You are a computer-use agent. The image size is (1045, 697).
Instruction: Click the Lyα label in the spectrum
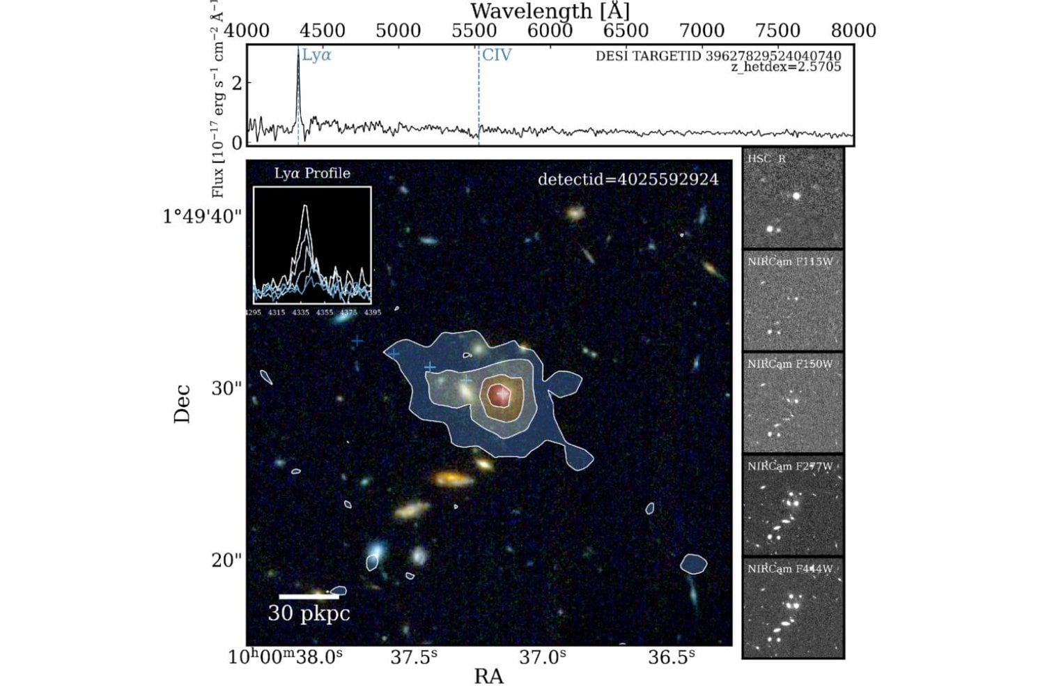[x=316, y=56]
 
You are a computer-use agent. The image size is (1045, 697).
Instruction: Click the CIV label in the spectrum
[x=497, y=56]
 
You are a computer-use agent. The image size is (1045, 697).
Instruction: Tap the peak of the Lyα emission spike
[x=298, y=52]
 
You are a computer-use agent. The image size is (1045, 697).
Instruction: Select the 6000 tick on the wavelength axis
[x=550, y=31]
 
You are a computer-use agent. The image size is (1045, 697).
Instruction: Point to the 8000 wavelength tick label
[x=853, y=31]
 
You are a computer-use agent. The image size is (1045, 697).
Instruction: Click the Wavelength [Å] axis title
[x=550, y=11]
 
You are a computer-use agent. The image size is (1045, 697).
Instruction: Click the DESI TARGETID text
[x=718, y=56]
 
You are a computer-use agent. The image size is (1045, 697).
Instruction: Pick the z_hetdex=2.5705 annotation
[x=785, y=67]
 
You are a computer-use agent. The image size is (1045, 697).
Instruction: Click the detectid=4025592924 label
[x=628, y=179]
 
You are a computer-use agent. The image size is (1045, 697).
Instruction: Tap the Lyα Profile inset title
[x=311, y=174]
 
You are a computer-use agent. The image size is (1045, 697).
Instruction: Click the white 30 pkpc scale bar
[x=309, y=597]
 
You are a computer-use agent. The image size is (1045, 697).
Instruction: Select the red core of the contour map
[x=499, y=395]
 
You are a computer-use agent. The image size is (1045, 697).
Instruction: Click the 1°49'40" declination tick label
[x=202, y=217]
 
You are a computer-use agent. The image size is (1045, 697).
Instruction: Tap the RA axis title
[x=488, y=677]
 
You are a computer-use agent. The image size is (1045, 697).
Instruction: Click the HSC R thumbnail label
[x=767, y=159]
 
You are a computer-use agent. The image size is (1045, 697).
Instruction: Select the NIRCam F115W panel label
[x=790, y=262]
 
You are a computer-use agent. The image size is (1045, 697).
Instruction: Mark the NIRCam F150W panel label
[x=790, y=365]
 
